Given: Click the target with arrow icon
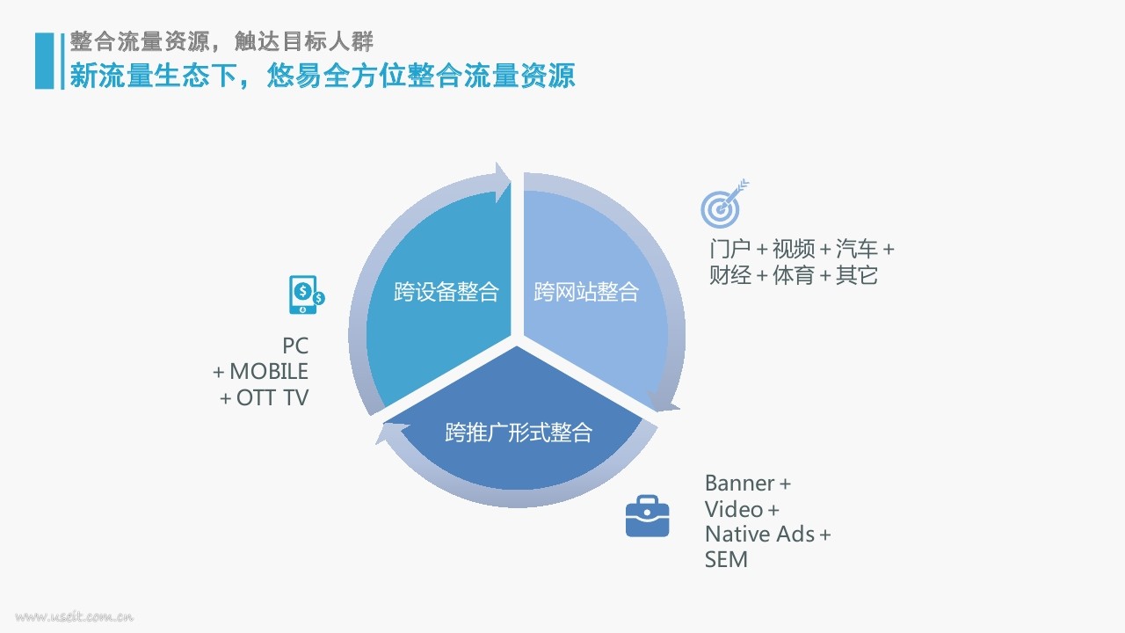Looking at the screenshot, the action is click(724, 203).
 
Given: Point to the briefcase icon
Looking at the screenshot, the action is click(648, 516).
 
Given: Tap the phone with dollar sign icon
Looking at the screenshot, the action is click(307, 295).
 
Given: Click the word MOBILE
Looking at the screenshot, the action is click(269, 372).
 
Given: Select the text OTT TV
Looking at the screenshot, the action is click(272, 398).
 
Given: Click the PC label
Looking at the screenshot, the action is click(295, 346).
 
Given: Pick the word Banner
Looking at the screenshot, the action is click(740, 484).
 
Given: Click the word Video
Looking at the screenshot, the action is click(734, 509).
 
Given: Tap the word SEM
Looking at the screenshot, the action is click(726, 560).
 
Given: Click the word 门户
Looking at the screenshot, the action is click(730, 249).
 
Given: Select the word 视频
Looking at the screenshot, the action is click(794, 249).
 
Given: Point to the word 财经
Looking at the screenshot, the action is click(730, 275).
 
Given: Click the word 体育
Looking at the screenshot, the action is click(794, 275).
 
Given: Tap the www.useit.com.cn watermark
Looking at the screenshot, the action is click(75, 616).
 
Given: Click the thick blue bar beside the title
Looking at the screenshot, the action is click(44, 61).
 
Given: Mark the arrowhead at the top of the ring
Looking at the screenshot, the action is click(502, 182).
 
